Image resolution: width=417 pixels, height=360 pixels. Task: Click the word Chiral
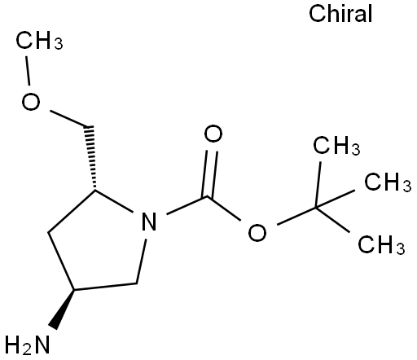click(340, 14)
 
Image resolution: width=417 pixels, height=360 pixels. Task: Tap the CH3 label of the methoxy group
click(39, 41)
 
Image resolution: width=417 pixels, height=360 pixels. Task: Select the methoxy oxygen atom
click(31, 102)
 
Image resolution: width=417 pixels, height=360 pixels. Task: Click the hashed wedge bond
click(91, 157)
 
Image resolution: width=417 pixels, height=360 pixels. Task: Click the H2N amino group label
click(28, 345)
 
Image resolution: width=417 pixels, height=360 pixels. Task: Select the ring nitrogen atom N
click(149, 222)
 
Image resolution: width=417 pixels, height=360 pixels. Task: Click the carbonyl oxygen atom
click(213, 134)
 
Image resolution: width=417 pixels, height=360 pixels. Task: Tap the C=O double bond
click(210, 173)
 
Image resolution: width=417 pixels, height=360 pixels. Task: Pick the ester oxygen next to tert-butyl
click(257, 232)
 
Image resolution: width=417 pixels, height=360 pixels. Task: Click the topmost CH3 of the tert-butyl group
click(336, 146)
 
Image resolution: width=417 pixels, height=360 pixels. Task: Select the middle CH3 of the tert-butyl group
click(388, 182)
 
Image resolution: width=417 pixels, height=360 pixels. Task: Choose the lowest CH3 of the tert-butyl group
click(381, 244)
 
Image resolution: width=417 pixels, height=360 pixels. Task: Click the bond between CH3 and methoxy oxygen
click(28, 71)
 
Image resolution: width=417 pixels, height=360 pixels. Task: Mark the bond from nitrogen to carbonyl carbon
click(187, 205)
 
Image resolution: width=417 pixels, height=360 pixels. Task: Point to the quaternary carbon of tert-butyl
click(316, 208)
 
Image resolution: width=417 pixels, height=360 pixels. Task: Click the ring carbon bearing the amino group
click(74, 290)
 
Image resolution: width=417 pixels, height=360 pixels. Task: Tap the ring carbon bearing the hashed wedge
click(94, 190)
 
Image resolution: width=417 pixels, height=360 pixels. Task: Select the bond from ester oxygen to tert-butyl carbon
click(296, 216)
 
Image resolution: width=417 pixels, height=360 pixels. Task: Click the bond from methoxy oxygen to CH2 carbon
click(68, 119)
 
